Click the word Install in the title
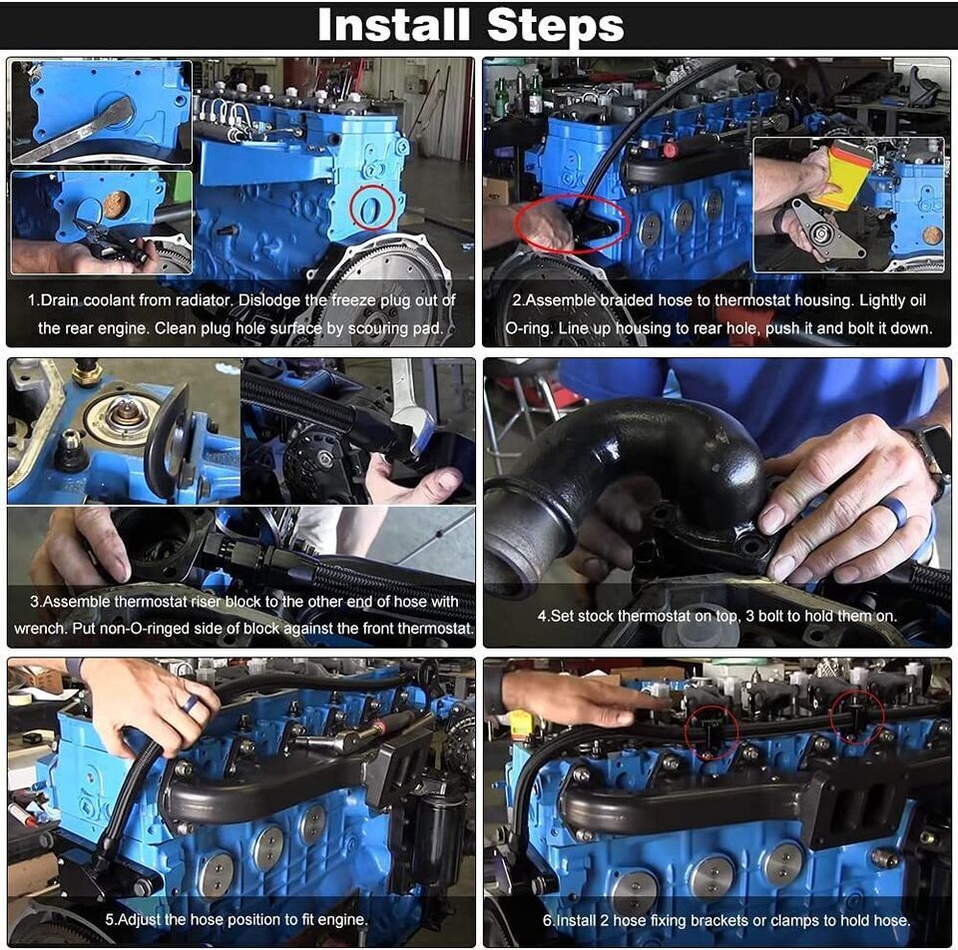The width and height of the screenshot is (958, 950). (395, 26)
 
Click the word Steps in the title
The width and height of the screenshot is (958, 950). (554, 26)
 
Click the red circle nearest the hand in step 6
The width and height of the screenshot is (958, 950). (712, 733)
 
